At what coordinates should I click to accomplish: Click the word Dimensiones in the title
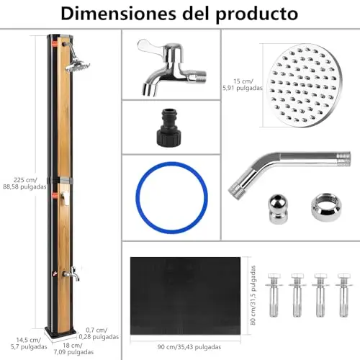pos(119,14)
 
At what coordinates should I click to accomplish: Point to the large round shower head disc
pos(305,86)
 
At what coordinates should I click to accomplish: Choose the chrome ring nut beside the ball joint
pos(326,208)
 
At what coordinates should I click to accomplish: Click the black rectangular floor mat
pos(185,296)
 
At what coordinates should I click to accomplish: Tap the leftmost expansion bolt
pos(274,295)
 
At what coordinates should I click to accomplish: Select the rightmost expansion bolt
pos(344,295)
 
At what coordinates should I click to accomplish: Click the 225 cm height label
pos(24,183)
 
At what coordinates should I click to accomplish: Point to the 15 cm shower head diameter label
pos(243,85)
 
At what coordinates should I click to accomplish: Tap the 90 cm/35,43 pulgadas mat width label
pos(189,347)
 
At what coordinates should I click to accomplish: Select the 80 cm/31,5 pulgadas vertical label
pos(253,295)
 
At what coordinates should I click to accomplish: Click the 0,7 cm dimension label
pos(99,333)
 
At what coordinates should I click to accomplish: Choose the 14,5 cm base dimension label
pos(29,343)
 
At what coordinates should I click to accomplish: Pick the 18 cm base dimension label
pos(73,348)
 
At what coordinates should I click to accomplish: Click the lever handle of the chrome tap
pos(147,46)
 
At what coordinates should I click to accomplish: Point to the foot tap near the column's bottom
pos(71,274)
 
